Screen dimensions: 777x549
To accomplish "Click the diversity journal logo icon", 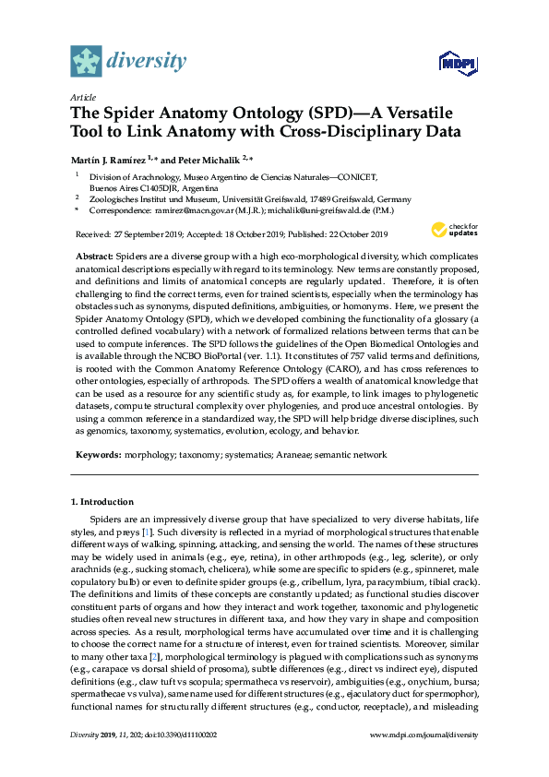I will pyautogui.click(x=86, y=61).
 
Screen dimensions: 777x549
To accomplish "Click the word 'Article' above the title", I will pyautogui.click(x=83, y=96).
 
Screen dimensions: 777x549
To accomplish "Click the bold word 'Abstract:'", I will pyautogui.click(x=93, y=254).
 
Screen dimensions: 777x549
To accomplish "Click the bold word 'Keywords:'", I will pyautogui.click(x=97, y=455).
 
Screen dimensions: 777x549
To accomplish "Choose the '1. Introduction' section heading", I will pyautogui.click(x=102, y=501).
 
